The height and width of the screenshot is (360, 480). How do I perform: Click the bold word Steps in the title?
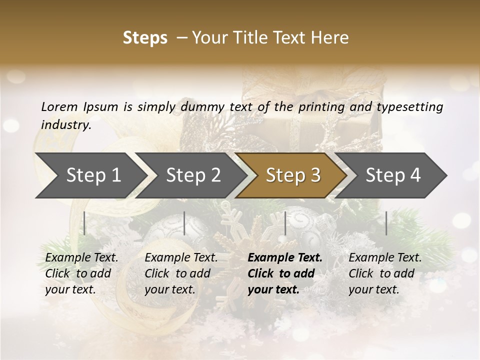coord(145,38)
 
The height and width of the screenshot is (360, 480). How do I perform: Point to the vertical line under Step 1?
coord(84,223)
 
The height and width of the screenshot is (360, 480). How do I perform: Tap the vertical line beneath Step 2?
coord(184,223)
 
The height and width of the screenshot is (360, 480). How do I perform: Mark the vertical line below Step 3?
coord(285,223)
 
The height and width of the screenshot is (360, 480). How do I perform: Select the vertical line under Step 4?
coord(386,223)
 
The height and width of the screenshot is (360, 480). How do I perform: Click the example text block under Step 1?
coord(81,273)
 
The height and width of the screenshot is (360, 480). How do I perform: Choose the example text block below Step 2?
coord(181,273)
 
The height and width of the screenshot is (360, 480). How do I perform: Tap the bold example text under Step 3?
coord(285,273)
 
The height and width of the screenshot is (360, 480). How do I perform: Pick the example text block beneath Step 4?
coord(385,273)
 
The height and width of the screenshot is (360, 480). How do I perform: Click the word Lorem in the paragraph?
coord(59,107)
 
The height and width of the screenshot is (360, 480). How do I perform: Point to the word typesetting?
coord(409,107)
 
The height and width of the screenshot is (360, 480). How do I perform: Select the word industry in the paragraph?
coord(66,125)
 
